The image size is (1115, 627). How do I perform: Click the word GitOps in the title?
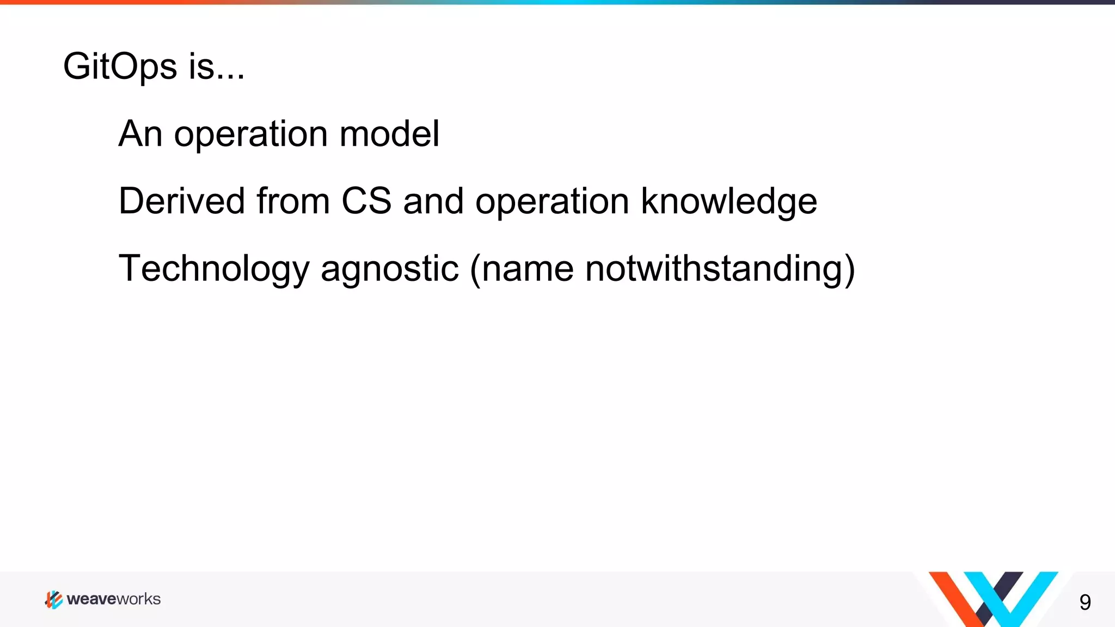coord(120,67)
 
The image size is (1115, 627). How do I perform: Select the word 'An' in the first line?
coord(140,134)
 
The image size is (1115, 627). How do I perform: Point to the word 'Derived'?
coord(181,201)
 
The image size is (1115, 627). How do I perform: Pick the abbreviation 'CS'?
coord(366,201)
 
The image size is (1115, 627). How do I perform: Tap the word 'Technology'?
coord(213,269)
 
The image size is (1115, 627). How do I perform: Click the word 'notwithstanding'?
coord(713,269)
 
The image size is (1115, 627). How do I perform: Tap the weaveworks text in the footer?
coord(114,599)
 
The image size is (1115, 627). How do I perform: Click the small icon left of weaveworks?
coord(53,599)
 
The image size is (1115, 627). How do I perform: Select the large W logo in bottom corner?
coord(993,599)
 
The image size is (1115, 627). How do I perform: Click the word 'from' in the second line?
coord(293,201)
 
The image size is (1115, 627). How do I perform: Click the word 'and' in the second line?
coord(433,201)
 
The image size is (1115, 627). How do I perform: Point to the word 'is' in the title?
coord(201,67)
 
